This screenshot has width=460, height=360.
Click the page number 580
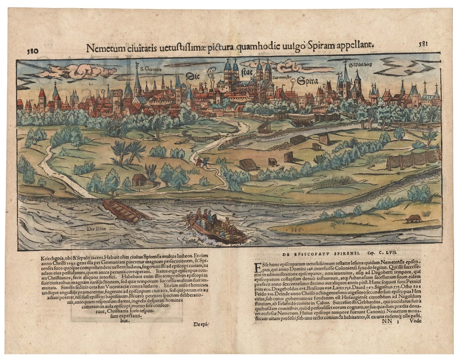33,50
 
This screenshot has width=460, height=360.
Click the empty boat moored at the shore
122,210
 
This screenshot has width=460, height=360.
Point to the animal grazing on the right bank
412,218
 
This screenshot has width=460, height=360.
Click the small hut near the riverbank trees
139,180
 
